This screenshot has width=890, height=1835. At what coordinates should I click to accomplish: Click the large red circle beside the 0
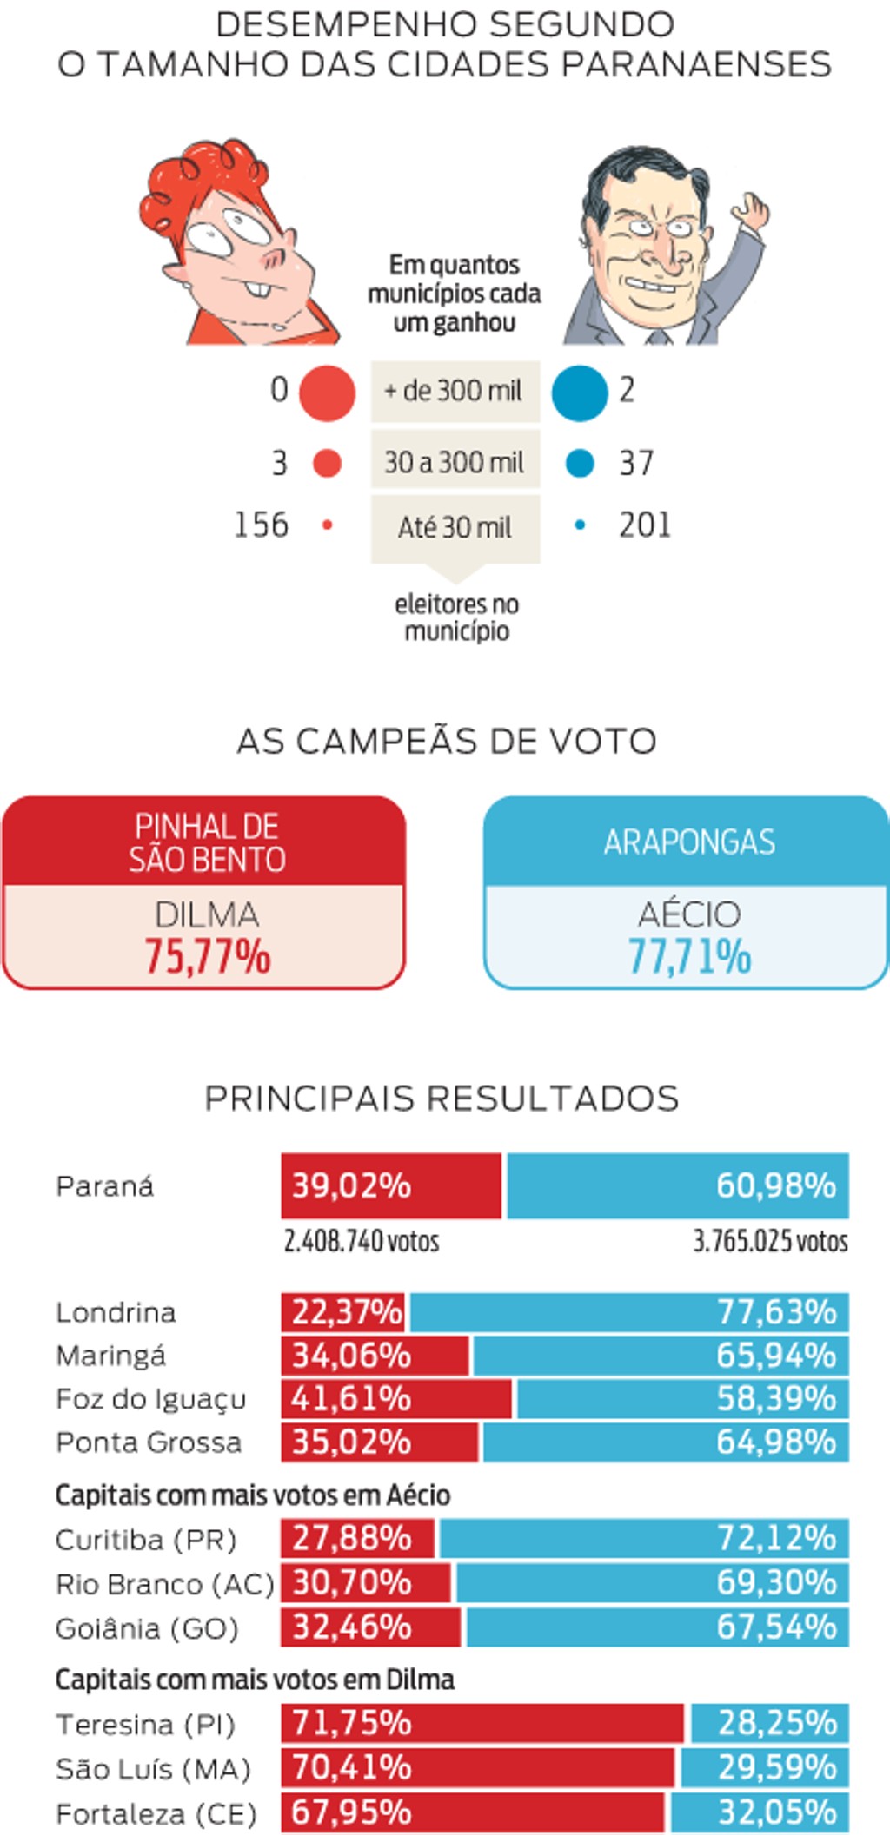click(327, 393)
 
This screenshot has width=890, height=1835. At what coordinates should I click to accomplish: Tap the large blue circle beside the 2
click(580, 393)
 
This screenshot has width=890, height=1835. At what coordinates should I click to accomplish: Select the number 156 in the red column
click(261, 525)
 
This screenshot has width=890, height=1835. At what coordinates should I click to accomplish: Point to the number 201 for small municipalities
click(645, 525)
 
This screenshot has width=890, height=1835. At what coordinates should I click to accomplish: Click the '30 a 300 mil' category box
click(455, 461)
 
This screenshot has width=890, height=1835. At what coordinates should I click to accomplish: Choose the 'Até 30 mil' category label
click(455, 527)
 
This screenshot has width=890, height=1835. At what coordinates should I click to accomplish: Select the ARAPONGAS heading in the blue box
click(689, 842)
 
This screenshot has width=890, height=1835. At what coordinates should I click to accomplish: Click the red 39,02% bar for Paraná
click(391, 1185)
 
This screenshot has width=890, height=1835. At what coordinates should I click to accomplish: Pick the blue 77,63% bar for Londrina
click(629, 1311)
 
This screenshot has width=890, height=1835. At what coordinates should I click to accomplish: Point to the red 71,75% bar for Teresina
click(482, 1723)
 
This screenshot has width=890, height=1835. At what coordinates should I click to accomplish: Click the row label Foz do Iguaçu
click(151, 1399)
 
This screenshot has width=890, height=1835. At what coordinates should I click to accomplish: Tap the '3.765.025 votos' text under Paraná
click(770, 1241)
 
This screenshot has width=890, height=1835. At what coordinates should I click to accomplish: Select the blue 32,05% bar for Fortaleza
click(760, 1812)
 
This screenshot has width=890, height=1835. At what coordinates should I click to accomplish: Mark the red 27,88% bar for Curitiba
click(357, 1538)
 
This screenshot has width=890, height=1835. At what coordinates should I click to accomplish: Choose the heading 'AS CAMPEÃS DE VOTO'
click(447, 742)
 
